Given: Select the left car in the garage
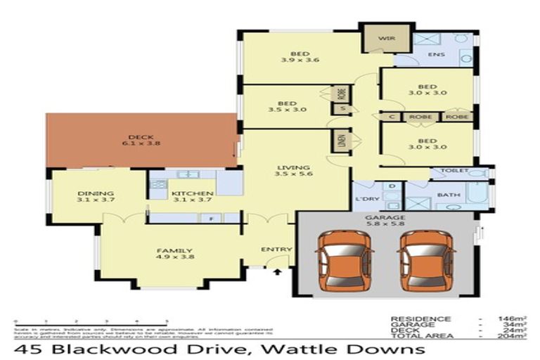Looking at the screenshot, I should coord(340,262).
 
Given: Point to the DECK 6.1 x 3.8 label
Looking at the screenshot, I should coord(141,141).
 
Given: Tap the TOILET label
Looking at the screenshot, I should coord(454,171).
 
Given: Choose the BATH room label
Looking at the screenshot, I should coord(448,195).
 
